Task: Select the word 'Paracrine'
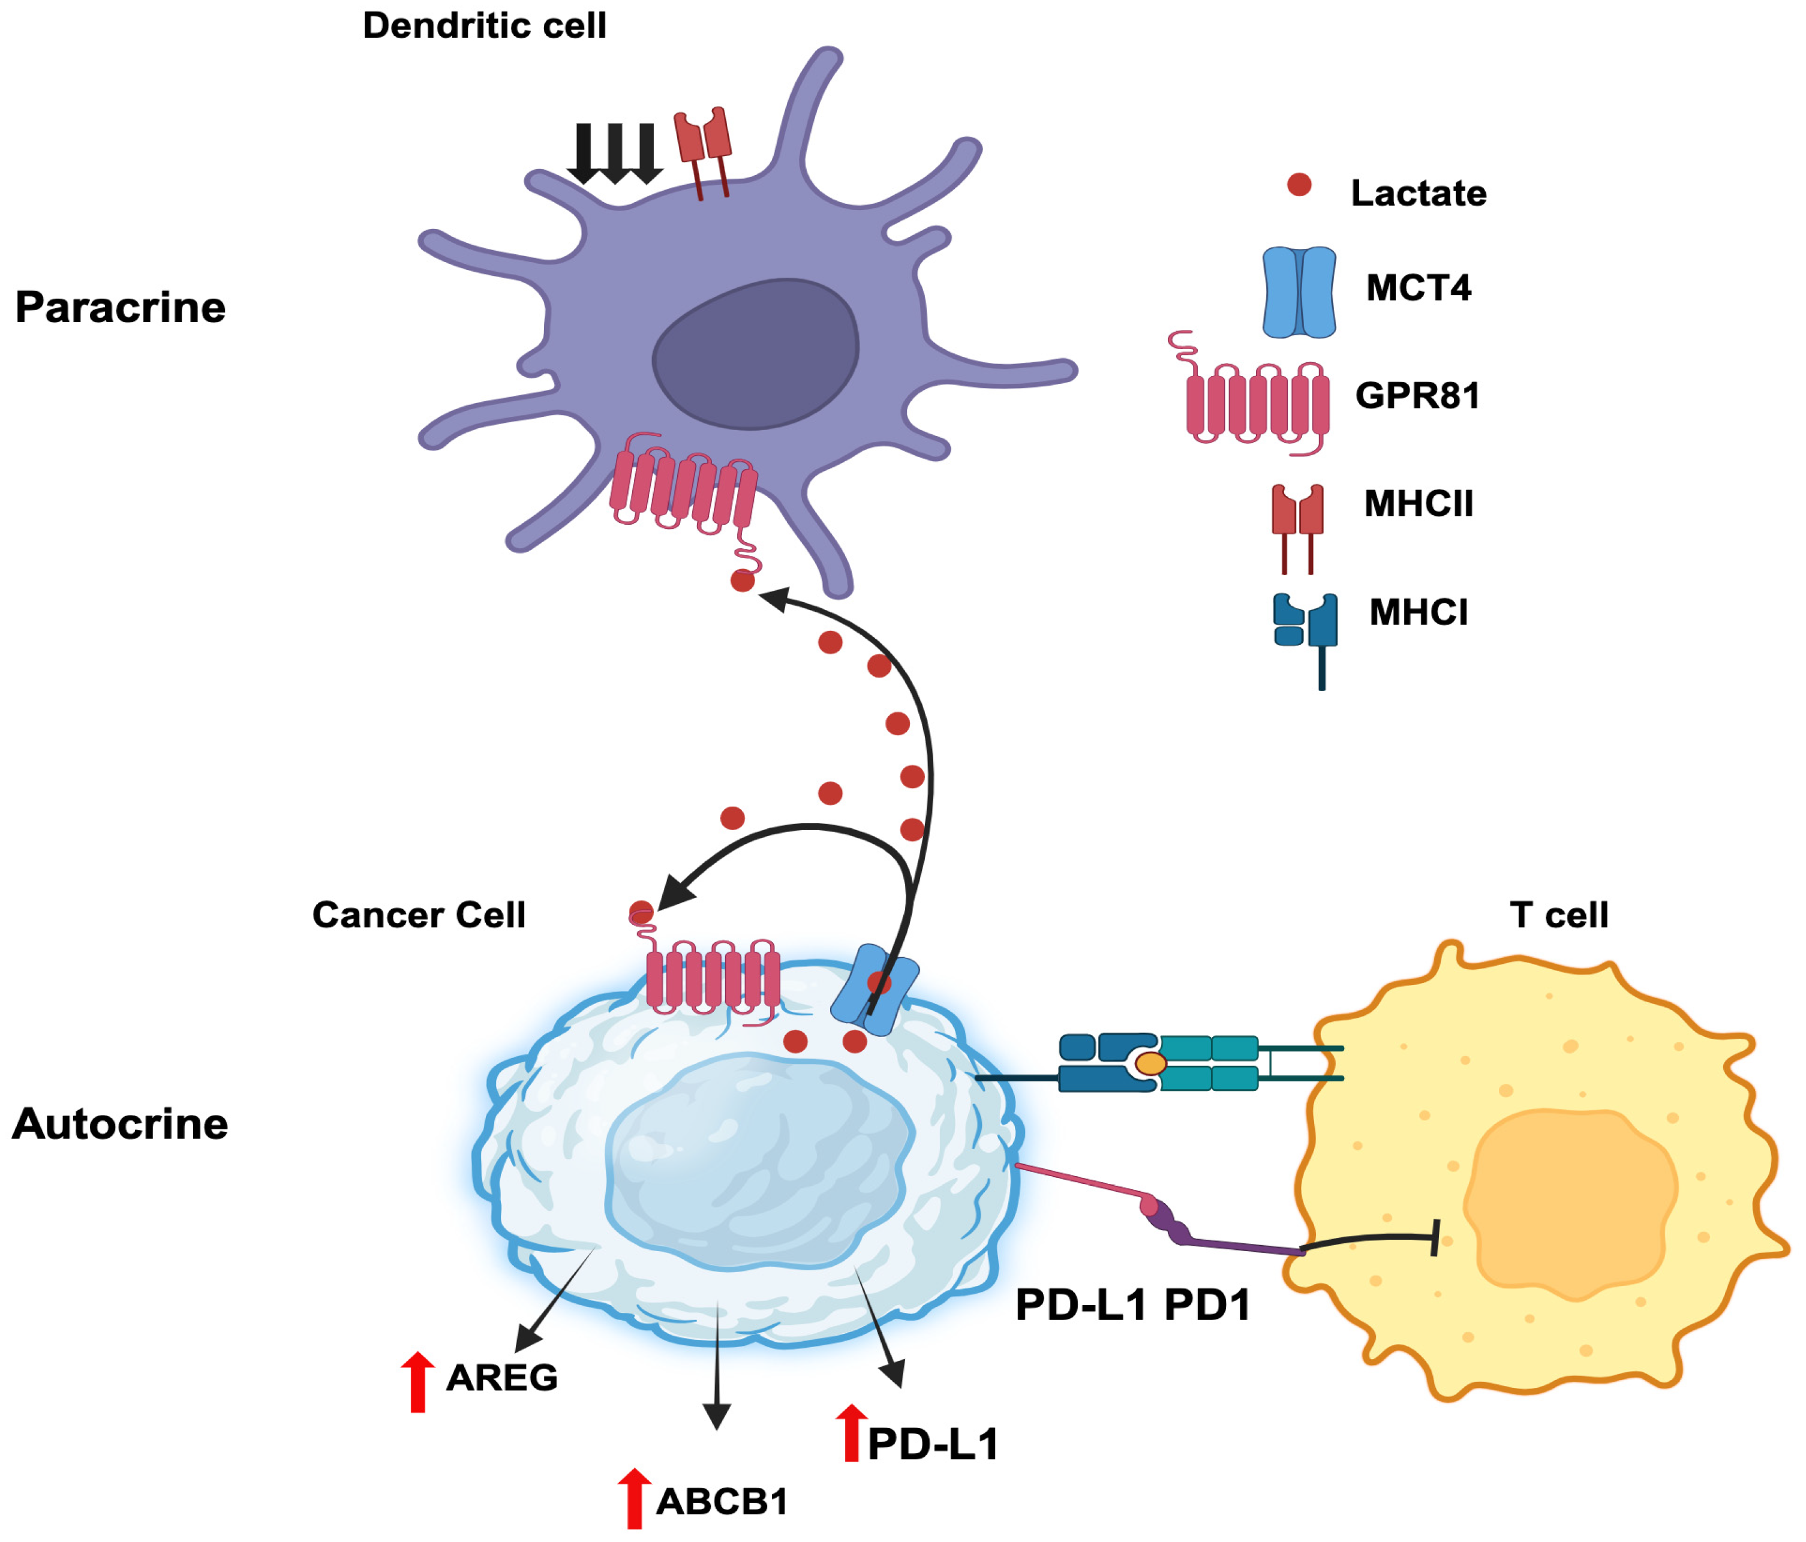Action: (x=121, y=308)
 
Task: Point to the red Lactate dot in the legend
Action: (x=1299, y=185)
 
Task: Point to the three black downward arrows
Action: (x=615, y=154)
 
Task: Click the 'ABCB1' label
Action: (x=722, y=1501)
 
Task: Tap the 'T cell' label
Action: (x=1558, y=915)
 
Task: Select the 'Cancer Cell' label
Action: (x=419, y=915)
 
